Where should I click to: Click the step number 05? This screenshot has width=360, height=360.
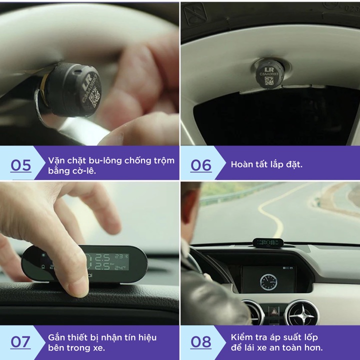coord(20,164)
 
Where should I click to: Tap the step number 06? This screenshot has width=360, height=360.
coord(201,164)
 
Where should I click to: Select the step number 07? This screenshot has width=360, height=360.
coord(20,342)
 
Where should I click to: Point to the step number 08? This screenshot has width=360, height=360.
coord(201,342)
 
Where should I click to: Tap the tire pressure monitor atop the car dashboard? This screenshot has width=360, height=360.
coord(268,243)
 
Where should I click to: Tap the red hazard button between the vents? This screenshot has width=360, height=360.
coord(276,309)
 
